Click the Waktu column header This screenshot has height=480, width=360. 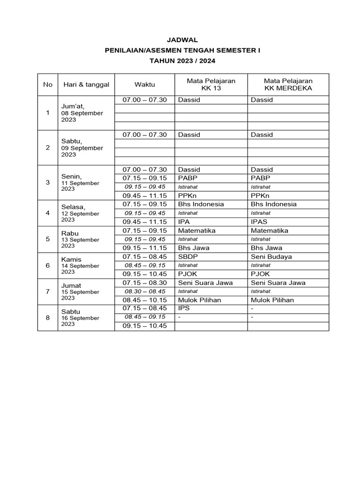point(144,84)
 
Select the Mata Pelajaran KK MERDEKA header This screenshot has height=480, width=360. point(288,84)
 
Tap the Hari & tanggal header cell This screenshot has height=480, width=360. point(86,84)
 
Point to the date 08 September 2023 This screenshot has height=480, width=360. point(82,116)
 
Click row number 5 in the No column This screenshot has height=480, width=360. point(47,239)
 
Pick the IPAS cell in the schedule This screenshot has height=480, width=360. point(259,222)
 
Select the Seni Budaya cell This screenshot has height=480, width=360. point(271,256)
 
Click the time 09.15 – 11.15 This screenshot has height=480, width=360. point(144,248)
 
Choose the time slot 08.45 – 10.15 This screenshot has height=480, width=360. point(144,300)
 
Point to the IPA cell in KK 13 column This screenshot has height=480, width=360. point(183,222)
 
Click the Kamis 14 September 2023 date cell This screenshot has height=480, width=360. point(80,265)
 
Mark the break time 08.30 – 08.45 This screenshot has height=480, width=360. point(144,292)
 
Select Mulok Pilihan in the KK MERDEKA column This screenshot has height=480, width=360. point(272,300)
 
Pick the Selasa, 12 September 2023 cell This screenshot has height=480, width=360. point(80,213)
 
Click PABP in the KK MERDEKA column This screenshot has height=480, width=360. point(260,178)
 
